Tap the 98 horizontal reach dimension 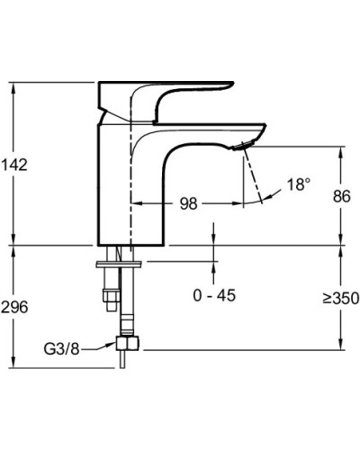point(188,204)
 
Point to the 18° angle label point(298,184)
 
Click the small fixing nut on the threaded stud point(109,293)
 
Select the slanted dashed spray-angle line point(252,175)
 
